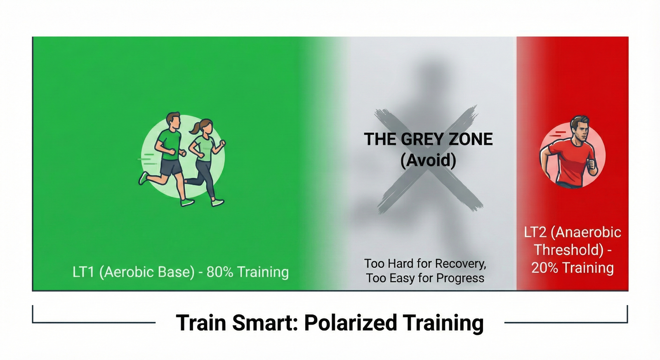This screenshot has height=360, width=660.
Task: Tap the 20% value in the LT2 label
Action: coord(544,268)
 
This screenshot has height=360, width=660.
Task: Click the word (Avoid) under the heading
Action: coord(428,160)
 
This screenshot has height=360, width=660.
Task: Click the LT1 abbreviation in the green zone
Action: coord(84,272)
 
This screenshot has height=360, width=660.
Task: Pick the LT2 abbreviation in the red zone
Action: coord(535,232)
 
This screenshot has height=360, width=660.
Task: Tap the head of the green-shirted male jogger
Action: coord(174,120)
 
